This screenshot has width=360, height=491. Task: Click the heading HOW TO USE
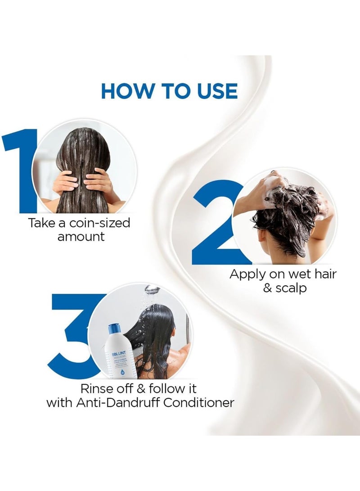coord(169,90)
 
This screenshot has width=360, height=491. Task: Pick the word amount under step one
coord(81,237)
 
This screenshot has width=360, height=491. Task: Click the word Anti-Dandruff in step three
coord(116,402)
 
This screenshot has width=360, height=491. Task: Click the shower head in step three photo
coord(153,289)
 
